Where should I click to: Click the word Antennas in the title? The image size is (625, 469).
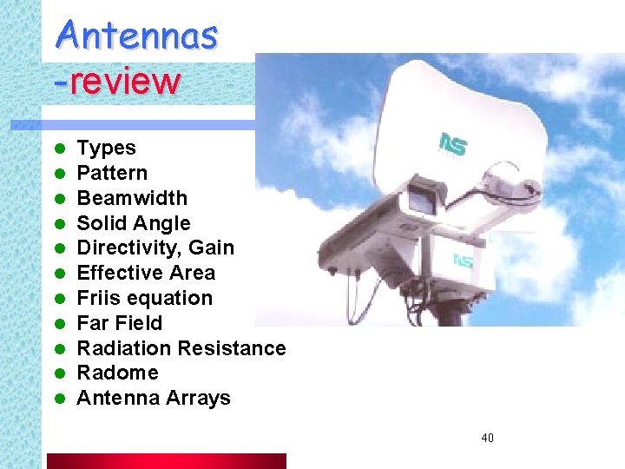[137, 36]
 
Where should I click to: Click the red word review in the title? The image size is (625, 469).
[123, 82]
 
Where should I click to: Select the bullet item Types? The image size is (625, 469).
[106, 149]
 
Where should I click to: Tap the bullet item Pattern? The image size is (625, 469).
[112, 174]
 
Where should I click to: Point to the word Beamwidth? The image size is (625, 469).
[131, 198]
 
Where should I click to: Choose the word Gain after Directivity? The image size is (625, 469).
[212, 248]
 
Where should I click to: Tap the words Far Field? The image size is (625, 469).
[119, 324]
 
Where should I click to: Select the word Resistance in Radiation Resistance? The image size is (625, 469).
[234, 348]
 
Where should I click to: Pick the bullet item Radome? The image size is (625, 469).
[117, 373]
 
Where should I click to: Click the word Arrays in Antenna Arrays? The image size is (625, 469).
[202, 399]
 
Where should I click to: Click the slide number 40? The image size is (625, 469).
[487, 438]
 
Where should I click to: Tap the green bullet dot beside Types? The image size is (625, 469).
[59, 149]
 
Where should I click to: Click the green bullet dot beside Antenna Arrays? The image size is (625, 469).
[59, 400]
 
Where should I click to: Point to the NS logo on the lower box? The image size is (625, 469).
[463, 260]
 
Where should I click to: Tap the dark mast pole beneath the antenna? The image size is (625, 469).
[449, 314]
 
